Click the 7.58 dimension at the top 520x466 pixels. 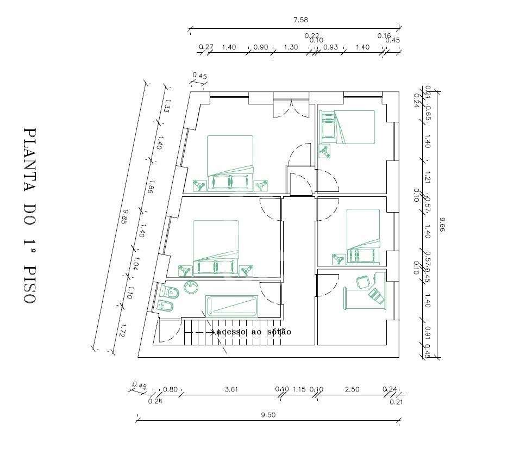point(300,20)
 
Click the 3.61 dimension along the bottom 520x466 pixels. point(231,389)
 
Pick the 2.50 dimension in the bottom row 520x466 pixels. point(352,389)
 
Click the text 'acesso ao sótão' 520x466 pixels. point(254,332)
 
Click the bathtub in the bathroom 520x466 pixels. point(231,306)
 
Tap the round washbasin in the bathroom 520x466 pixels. point(191,287)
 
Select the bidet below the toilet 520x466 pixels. point(164,307)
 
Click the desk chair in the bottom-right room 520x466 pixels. point(362,282)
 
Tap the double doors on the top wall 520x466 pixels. point(291,107)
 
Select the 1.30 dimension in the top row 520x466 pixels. point(291,47)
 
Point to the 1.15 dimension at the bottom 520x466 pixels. point(299,389)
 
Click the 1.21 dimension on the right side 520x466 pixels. point(428,177)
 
